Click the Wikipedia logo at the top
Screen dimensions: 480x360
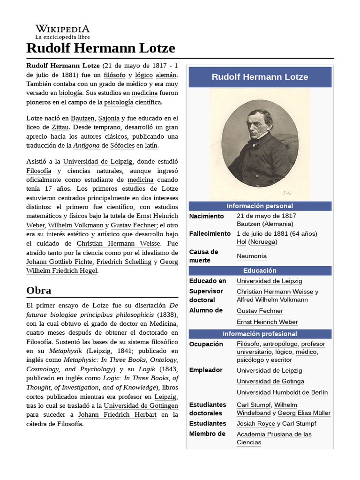click(x=62, y=31)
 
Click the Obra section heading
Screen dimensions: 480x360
click(x=39, y=290)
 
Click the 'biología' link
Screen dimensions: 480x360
click(x=70, y=93)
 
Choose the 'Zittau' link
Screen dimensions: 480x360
click(x=60, y=127)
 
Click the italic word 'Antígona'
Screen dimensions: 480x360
click(x=87, y=146)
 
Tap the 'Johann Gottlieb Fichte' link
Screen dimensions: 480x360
click(x=60, y=262)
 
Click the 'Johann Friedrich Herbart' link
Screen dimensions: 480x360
click(x=117, y=415)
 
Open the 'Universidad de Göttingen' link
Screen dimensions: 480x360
click(x=141, y=405)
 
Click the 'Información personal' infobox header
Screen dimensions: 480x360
click(x=260, y=206)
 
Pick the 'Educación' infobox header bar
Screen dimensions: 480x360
click(x=260, y=270)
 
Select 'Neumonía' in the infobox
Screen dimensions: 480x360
click(x=252, y=256)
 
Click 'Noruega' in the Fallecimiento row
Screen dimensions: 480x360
click(x=262, y=242)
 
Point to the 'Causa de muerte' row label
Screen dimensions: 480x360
click(x=204, y=256)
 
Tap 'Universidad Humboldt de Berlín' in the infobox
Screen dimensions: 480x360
click(x=282, y=392)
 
